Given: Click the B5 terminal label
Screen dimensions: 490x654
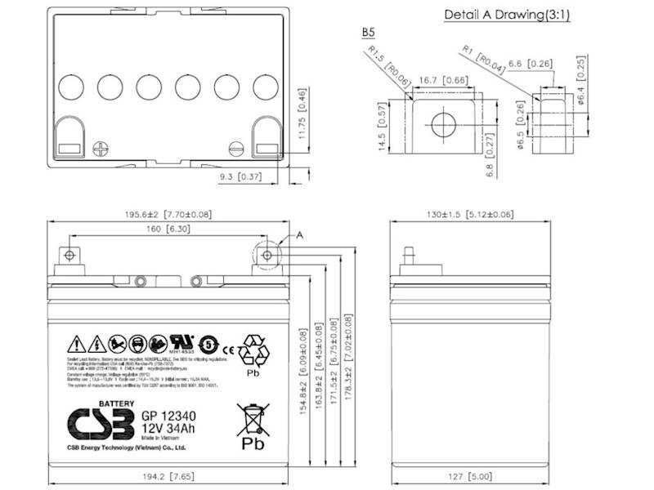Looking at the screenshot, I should (369, 33).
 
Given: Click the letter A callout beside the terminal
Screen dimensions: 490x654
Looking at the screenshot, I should (300, 235).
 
